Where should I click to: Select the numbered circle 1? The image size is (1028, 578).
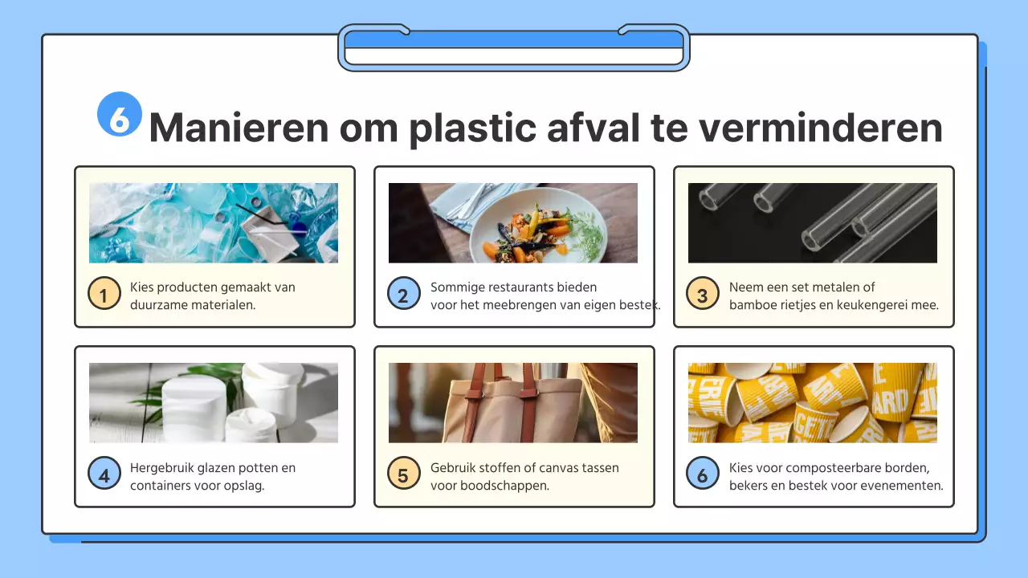104,295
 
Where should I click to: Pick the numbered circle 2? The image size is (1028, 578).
403,295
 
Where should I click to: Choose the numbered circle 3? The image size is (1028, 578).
703,295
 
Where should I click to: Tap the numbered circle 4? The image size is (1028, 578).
104,474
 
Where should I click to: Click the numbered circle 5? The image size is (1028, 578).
403,474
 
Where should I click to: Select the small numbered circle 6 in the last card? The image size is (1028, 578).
703,474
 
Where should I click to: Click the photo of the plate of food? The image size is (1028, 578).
513,223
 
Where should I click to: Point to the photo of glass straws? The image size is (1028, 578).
812,223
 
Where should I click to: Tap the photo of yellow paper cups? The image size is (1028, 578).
812,403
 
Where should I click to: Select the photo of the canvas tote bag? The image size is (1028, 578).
513,403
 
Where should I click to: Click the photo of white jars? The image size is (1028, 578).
214,403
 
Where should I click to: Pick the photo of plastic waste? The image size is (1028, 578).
214,223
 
